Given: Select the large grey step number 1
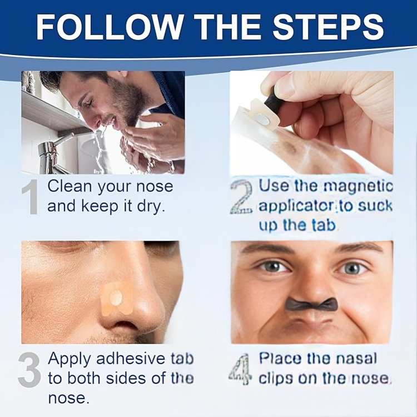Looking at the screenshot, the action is [30, 197].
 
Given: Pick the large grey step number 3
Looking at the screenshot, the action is [29, 370].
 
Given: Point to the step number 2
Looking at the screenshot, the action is [241, 196].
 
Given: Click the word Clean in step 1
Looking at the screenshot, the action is [69, 186].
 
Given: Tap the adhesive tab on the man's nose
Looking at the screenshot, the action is [117, 298].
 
